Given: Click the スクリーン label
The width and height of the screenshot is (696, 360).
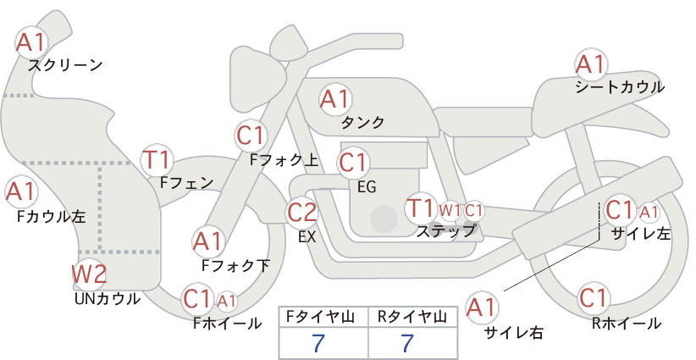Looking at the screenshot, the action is click(65, 66).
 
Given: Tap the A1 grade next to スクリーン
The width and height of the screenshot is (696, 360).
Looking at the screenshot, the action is click(30, 42).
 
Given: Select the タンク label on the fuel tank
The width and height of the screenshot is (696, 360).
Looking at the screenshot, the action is click(362, 123).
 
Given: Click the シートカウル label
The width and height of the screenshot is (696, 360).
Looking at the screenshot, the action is click(620, 87).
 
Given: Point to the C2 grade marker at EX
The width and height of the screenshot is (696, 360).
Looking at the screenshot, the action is click(301, 212).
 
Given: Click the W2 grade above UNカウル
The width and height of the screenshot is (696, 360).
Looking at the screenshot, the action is click(89, 274).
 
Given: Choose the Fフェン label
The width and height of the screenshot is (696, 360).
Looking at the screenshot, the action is click(186, 182).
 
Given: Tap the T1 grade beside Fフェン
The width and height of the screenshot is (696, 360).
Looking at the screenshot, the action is click(157, 160).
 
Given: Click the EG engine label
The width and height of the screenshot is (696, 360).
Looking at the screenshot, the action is click(367, 187).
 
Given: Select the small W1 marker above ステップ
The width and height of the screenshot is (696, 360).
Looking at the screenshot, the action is click(450, 210).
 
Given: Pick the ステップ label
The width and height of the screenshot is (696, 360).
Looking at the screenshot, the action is click(445, 231).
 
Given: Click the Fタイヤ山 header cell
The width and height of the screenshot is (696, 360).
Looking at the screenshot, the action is click(323, 317).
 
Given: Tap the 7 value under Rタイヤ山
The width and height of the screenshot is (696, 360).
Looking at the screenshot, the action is click(407, 343).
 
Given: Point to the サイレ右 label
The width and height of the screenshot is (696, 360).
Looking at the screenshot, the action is click(514, 333).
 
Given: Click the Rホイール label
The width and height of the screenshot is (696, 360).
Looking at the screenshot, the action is click(627, 324).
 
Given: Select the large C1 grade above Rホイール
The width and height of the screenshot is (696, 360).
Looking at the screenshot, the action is click(594, 298).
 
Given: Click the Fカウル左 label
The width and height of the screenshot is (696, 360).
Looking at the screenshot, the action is click(51, 216).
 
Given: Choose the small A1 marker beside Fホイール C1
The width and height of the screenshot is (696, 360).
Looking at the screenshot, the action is click(226, 301).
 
